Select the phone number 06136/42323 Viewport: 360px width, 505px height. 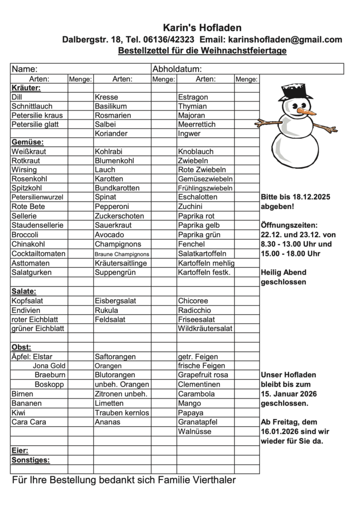coord(168,40)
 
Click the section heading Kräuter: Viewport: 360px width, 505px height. coord(26,88)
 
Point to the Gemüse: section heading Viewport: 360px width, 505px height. coord(26,143)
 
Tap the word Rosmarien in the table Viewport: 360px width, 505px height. coord(113,115)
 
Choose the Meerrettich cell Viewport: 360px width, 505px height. coord(197,124)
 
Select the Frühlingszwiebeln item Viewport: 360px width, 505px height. coord(205,188)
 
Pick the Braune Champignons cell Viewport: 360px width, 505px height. coord(122,254)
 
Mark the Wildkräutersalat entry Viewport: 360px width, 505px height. coord(205,328)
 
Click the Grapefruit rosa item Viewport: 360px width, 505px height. coord(203,375)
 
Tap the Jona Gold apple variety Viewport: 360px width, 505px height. coord(49,365)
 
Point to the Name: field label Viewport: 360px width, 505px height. coord(25,69)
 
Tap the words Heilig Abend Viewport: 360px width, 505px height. coord(283,272)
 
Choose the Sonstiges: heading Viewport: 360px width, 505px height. coord(31,460)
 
